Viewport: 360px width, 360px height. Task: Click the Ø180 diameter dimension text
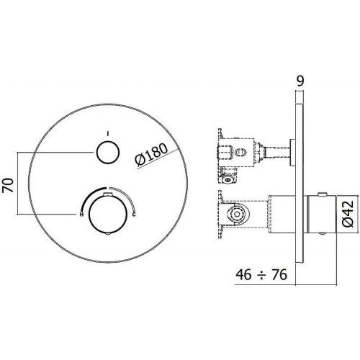coord(151,155)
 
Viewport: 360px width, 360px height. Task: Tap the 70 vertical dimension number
coord(8,186)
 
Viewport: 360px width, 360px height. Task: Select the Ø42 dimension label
coord(348,214)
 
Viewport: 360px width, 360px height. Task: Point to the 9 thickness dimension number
coord(300,81)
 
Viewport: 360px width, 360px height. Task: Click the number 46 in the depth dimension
coord(244,274)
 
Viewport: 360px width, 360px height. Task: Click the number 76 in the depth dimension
coord(279,274)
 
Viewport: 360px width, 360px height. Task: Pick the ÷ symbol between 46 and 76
coord(261,275)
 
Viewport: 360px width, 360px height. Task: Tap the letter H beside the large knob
coord(82,215)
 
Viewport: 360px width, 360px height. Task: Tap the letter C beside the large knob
coord(134,215)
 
